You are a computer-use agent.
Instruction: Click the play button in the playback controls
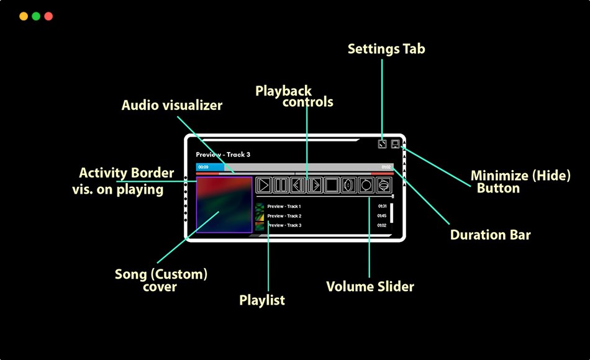tap(264, 185)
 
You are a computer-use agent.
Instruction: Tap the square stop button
tap(332, 185)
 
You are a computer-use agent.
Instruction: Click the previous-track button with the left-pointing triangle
tap(298, 185)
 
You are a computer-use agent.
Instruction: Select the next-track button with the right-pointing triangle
tap(315, 185)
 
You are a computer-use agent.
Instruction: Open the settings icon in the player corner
tap(383, 144)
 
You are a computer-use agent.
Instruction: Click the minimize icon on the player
tap(395, 144)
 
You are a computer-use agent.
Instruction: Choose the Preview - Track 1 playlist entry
tap(284, 206)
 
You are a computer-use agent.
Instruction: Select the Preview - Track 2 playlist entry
tap(284, 216)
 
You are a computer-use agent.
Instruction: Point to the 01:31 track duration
tap(382, 206)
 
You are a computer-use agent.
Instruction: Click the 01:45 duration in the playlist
tap(382, 216)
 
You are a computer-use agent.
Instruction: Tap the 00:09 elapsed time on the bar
tap(203, 168)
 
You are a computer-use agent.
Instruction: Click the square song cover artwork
tap(224, 205)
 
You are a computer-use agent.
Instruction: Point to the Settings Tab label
tap(386, 49)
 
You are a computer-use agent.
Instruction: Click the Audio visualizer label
tap(172, 106)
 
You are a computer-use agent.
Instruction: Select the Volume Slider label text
tap(370, 287)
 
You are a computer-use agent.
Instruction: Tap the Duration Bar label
tap(491, 235)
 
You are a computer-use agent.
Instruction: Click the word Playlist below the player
tap(262, 300)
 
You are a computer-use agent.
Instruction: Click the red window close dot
tap(48, 16)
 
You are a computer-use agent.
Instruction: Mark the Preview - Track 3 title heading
tap(223, 155)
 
